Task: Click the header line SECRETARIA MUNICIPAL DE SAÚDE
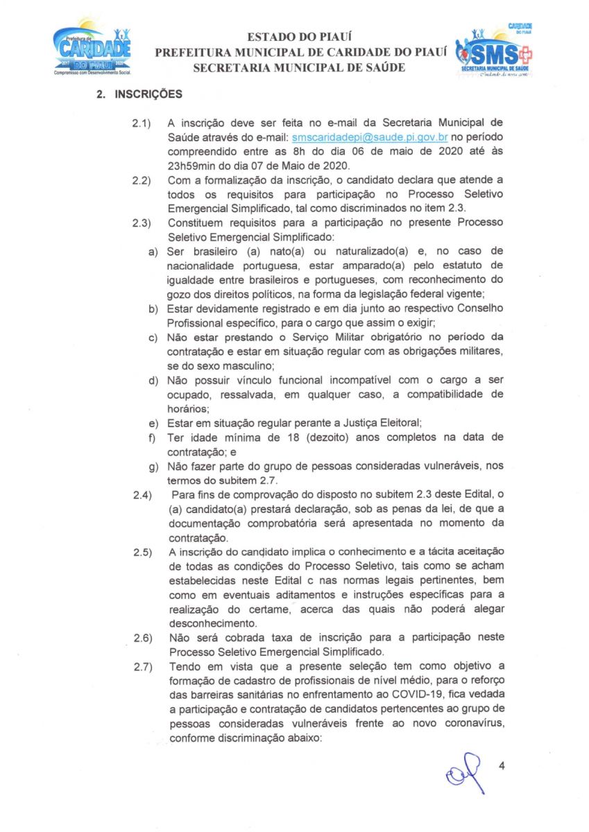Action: pos(298,67)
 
